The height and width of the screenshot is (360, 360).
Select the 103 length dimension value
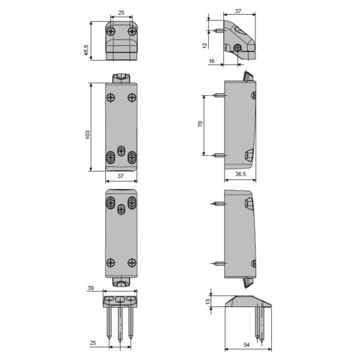87,134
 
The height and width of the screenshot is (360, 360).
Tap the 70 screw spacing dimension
201,125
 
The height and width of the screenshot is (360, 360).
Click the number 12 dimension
203,45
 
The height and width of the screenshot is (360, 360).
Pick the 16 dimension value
212,61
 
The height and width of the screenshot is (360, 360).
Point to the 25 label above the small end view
121,13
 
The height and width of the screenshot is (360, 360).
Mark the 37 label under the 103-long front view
121,176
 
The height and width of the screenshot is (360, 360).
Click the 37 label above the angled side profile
237,12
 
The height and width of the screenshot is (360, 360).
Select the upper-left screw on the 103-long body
111,97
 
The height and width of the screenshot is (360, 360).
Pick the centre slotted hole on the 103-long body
121,152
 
